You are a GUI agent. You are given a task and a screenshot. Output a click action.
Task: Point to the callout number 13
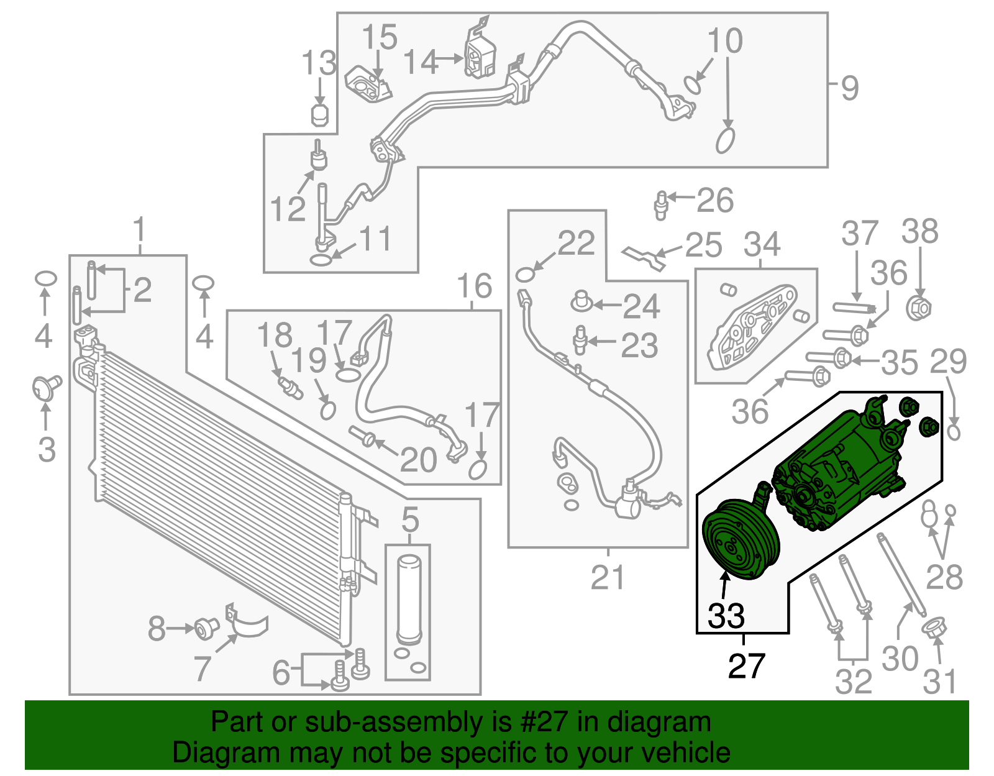[319, 63]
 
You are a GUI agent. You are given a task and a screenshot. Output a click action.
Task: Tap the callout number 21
[607, 577]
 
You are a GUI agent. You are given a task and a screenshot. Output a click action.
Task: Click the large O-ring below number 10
[725, 140]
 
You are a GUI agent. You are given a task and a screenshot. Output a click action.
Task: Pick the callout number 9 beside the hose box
[849, 88]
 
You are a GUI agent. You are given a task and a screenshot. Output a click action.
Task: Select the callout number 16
[474, 286]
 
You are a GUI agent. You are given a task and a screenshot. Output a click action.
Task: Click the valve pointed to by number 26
[660, 204]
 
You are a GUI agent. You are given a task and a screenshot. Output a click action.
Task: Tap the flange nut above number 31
[934, 628]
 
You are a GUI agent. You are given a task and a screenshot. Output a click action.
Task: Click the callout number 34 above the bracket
[762, 244]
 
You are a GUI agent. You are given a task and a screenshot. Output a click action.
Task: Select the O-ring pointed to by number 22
[525, 275]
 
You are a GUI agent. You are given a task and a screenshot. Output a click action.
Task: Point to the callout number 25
[703, 245]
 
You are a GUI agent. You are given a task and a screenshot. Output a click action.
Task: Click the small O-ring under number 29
[954, 432]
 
